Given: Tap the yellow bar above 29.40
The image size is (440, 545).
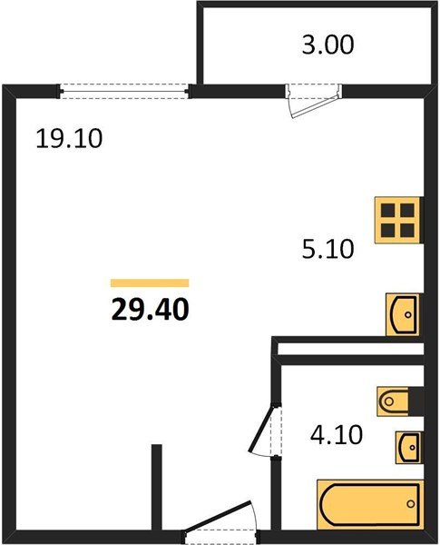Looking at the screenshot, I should coord(150,282).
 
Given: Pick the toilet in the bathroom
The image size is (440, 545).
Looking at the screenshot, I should coord(397,400).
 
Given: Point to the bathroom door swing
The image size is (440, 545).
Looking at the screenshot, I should coord(264,432).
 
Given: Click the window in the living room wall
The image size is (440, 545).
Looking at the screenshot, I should coord(126,90).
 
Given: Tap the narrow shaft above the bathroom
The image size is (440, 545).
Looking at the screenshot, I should coord(349,348).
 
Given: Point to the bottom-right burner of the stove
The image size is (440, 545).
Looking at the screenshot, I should coord(407,231).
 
